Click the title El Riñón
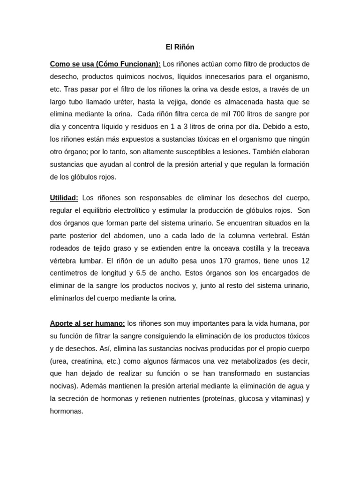coord(180,47)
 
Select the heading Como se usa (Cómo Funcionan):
coord(105,64)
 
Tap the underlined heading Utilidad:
coord(64,197)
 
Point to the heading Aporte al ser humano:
coord(88,324)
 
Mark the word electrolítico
coord(152,210)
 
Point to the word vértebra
coord(64,261)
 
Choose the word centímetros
coord(68,273)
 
